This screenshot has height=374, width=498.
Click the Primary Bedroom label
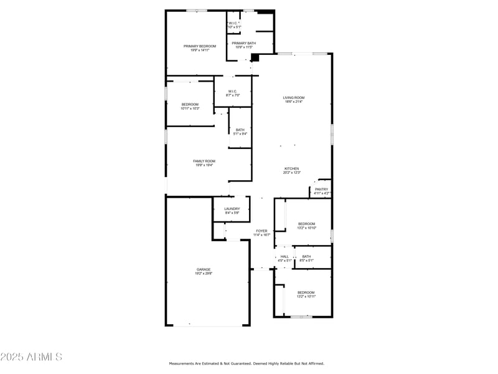click(199, 46)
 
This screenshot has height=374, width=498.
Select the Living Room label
click(294, 98)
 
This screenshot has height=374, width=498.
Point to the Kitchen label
click(292, 169)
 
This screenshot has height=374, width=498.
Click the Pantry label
click(321, 189)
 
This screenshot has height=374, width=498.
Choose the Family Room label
click(204, 161)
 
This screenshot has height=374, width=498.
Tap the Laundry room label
click(232, 209)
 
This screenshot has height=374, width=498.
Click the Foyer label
click(262, 231)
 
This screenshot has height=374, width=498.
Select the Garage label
click(204, 269)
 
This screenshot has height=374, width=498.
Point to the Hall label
click(284, 256)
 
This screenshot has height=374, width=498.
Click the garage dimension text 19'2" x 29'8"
click(204, 274)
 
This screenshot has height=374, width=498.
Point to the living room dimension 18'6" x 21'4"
click(294, 102)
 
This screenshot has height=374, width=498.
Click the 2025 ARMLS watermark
click(31, 357)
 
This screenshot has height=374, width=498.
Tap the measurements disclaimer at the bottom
click(247, 363)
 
